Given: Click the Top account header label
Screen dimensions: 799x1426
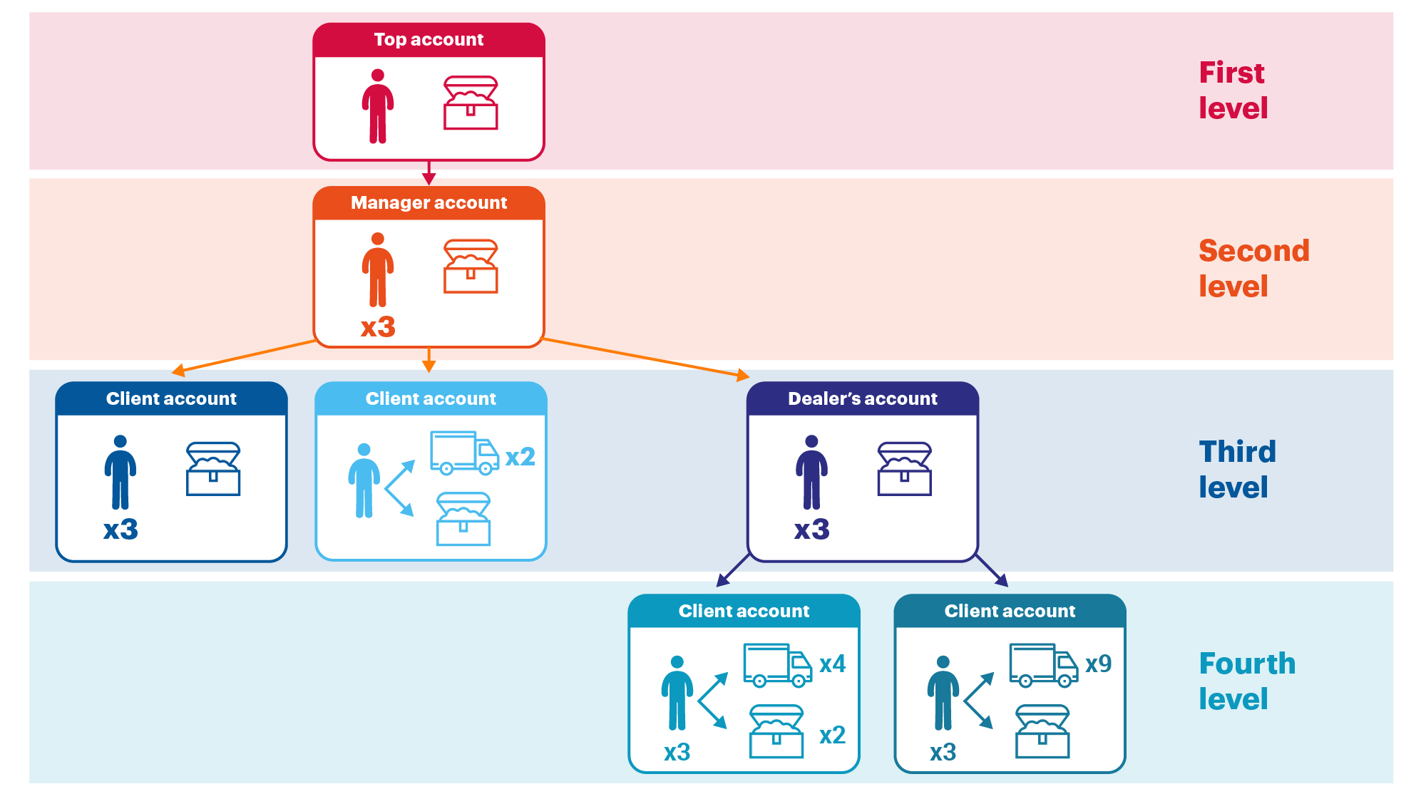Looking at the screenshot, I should tap(429, 40).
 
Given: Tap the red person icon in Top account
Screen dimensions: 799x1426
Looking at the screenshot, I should tap(377, 106).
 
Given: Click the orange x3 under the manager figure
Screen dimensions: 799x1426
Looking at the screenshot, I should tap(377, 327).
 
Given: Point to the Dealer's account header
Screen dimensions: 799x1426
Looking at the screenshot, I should tap(862, 399).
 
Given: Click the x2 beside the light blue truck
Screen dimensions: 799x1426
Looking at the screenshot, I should tap(520, 457).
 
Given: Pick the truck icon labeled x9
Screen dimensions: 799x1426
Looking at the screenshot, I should tap(1043, 665).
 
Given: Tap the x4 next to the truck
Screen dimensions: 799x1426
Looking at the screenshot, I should tap(832, 664).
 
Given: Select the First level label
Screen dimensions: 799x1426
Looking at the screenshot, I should tap(1233, 91).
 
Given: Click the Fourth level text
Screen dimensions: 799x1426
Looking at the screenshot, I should tap(1246, 681).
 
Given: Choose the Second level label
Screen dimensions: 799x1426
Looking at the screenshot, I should tap(1253, 269).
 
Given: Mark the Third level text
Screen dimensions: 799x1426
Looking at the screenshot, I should tap(1236, 470).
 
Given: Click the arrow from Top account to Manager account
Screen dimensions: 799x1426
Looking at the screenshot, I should tap(429, 173).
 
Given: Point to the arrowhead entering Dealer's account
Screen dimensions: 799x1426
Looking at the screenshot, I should tap(742, 375).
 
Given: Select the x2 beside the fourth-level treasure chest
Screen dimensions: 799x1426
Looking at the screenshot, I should tap(832, 735).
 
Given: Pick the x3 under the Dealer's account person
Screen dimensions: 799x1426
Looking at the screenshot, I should tap(811, 530).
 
